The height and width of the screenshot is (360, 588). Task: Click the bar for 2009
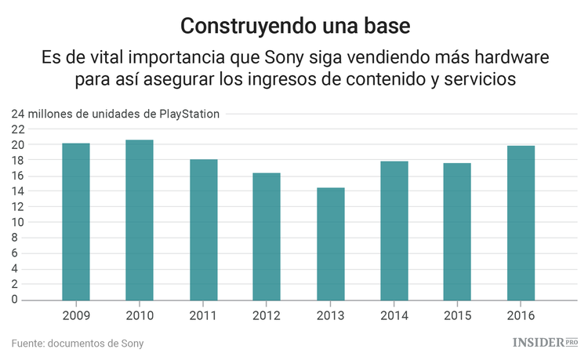[76, 222]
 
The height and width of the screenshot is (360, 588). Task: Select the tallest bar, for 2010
[140, 220]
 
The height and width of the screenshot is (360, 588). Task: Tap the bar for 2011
[203, 230]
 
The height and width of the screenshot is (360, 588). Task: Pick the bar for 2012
[267, 237]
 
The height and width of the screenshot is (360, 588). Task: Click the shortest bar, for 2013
[330, 244]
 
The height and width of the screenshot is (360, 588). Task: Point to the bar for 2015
[457, 231]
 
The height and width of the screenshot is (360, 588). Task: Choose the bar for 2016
[521, 223]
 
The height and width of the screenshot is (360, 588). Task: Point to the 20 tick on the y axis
[18, 145]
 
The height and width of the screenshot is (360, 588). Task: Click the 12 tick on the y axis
[18, 207]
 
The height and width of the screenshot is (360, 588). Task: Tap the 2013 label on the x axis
[330, 315]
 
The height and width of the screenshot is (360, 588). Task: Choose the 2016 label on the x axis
[521, 315]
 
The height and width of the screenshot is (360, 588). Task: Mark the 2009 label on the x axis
[76, 315]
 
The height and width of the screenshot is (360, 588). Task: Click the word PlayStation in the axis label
[190, 114]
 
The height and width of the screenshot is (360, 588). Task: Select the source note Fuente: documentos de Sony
[78, 344]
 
